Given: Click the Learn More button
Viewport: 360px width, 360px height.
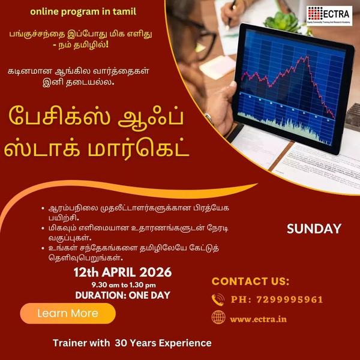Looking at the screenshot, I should pyautogui.click(x=67, y=313).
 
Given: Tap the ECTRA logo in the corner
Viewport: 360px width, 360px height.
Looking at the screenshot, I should pyautogui.click(x=329, y=14).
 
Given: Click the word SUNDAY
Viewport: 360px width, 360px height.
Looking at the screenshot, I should pyautogui.click(x=314, y=229).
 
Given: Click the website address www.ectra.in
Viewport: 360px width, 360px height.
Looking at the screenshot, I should pyautogui.click(x=258, y=319).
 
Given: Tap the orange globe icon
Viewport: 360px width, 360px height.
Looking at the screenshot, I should pyautogui.click(x=218, y=318).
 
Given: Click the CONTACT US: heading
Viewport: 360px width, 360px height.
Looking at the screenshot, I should pyautogui.click(x=250, y=281).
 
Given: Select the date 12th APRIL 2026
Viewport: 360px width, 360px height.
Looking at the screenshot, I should pyautogui.click(x=122, y=272).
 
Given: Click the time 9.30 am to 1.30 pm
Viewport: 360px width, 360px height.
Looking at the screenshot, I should pyautogui.click(x=123, y=284).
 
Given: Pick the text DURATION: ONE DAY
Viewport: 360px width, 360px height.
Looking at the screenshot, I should pyautogui.click(x=122, y=295).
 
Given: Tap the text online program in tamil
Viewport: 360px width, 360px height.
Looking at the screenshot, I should pyautogui.click(x=91, y=11).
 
